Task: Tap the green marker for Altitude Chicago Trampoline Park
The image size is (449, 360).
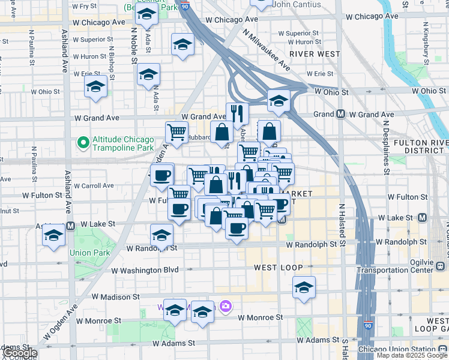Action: [x=83, y=143]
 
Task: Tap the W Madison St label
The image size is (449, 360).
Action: [x=115, y=296]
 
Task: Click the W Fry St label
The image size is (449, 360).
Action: [x=84, y=6]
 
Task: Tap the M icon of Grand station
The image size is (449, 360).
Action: [x=340, y=114]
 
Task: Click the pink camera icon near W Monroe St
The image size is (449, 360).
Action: [x=226, y=307]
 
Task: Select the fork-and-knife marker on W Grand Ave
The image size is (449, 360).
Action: [x=238, y=113]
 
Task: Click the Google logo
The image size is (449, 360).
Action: [x=20, y=353]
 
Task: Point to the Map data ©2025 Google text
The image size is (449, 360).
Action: [x=411, y=355]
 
